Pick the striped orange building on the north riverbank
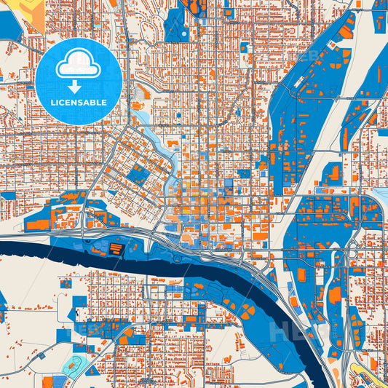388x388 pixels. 116,249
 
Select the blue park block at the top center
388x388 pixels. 176,25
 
